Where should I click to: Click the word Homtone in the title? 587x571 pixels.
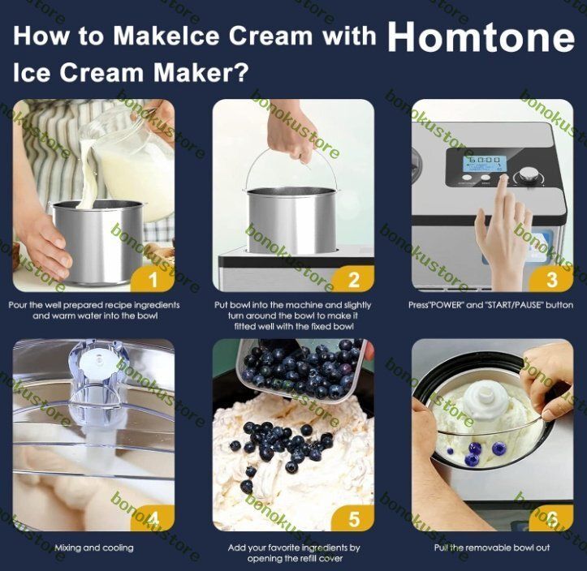[481, 36]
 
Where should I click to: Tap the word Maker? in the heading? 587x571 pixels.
[201, 72]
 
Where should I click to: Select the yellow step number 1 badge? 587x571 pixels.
[153, 279]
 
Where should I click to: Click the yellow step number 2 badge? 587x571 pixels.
[353, 279]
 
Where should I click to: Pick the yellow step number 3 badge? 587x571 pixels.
[552, 279]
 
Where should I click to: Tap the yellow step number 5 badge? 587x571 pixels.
[353, 518]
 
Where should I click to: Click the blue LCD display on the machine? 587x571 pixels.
[485, 164]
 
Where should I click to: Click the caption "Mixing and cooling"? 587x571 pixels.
[94, 547]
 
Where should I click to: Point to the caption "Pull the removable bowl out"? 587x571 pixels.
[492, 547]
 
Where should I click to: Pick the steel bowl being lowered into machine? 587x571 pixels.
[292, 220]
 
